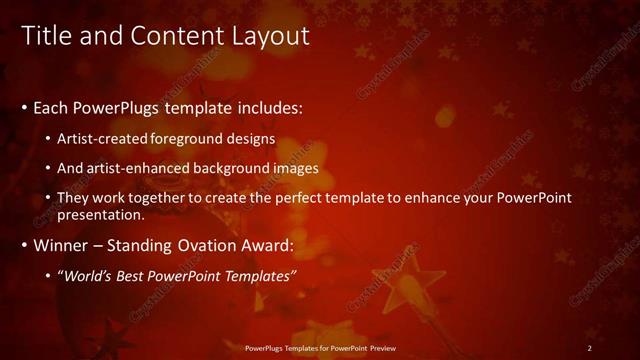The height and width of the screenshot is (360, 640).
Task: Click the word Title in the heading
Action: [46, 36]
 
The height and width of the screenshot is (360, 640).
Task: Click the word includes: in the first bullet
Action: [264, 107]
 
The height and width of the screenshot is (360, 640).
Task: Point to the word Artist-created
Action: [108, 138]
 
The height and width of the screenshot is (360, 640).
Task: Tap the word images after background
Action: [297, 168]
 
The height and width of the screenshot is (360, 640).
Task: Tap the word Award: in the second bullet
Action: [259, 245]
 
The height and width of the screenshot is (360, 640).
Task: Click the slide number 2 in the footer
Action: [589, 347]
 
